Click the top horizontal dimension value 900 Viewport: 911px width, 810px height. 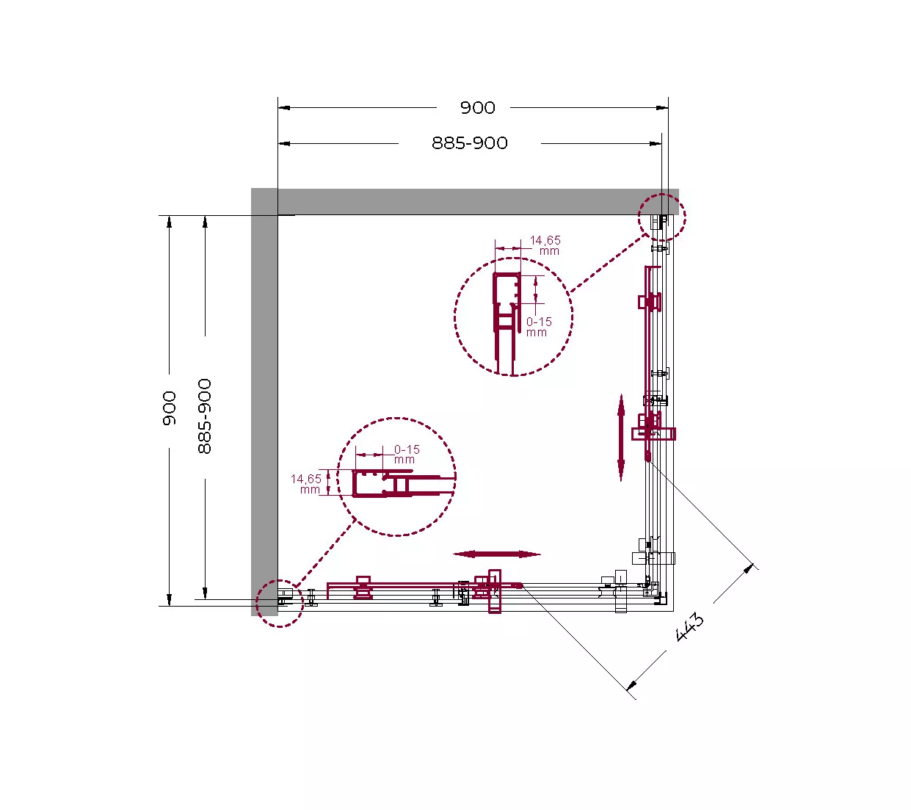[478, 107]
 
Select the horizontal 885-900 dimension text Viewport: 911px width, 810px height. [469, 143]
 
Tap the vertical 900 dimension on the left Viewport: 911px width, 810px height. [170, 408]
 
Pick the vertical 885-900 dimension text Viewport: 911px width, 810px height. [205, 416]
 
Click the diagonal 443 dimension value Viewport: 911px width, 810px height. [689, 627]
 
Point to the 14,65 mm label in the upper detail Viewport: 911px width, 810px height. [545, 245]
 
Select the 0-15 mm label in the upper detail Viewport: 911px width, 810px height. [539, 327]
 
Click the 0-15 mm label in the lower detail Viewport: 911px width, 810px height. [407, 455]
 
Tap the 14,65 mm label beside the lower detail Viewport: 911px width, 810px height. [306, 484]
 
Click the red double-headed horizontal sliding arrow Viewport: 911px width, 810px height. [496, 554]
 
